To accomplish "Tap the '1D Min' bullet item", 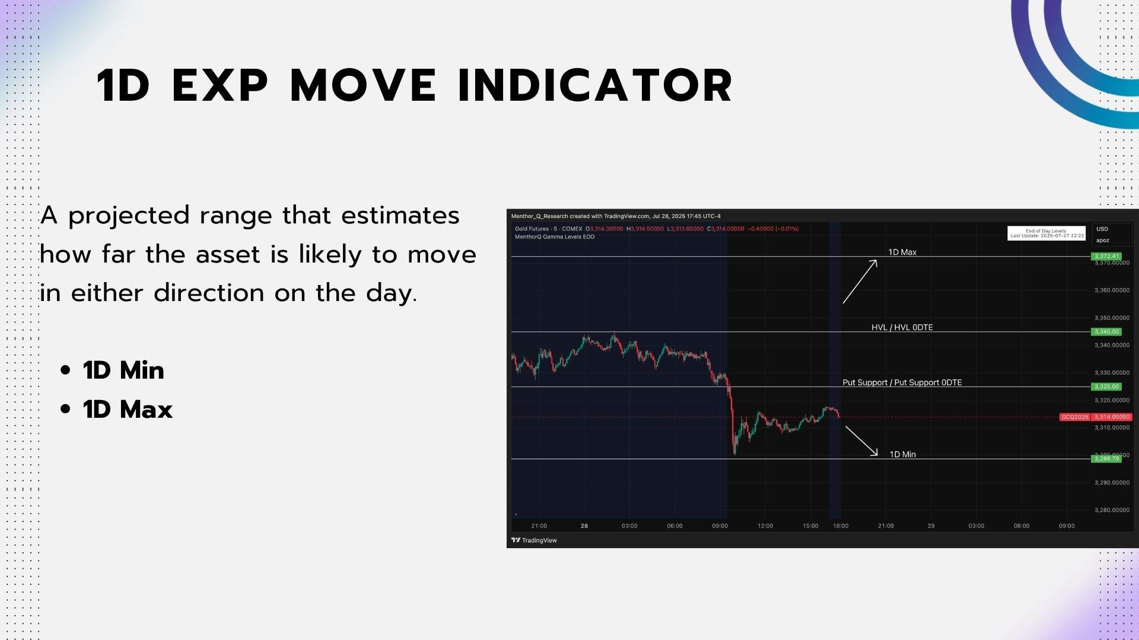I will coord(123,370).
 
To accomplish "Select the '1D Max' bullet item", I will coord(128,409).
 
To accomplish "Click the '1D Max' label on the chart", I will coord(902,252).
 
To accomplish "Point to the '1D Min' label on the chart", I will coord(902,455).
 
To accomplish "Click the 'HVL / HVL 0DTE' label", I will coord(902,327).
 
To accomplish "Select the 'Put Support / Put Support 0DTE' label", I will coord(902,382).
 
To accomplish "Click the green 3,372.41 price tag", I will coord(1106,257).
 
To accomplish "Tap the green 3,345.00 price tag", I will coord(1106,332).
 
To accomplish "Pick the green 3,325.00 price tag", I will coord(1106,386).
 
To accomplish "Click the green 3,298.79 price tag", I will coord(1106,459).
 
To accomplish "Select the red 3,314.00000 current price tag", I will coord(1112,417).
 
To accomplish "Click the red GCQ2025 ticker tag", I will coord(1074,417).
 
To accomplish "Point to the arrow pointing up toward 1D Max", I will coord(860,282).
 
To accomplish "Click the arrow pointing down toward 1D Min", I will coord(861,441).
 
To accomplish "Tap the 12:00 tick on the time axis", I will coord(765,526).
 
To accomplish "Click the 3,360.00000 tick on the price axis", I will coord(1111,290).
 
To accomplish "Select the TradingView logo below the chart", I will coord(534,540).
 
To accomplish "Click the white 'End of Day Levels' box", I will coord(1046,233).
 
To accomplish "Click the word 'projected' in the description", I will coord(129,216).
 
